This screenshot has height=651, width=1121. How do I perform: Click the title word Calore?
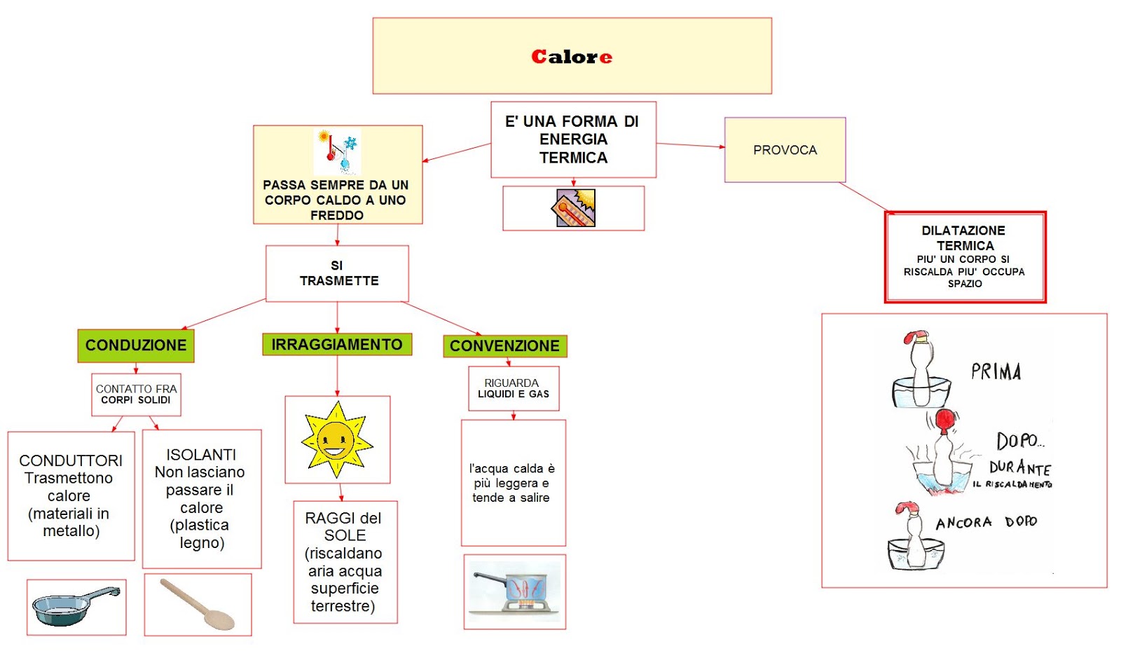(x=572, y=57)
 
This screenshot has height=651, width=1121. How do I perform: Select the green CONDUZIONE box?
(x=136, y=345)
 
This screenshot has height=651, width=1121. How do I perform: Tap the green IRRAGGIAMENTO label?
(x=337, y=345)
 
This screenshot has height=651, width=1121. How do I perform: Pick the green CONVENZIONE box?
(x=504, y=346)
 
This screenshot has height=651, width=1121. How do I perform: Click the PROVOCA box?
(x=785, y=150)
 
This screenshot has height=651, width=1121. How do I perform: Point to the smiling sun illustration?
(x=337, y=439)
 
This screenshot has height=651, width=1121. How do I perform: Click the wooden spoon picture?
(x=198, y=604)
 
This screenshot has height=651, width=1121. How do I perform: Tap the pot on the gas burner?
(x=515, y=590)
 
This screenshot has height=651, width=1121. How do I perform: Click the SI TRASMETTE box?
(x=338, y=273)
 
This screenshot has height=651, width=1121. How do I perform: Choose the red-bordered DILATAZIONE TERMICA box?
(x=965, y=257)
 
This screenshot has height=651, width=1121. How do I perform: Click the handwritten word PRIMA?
(x=996, y=371)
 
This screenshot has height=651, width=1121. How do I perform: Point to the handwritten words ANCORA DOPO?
(x=986, y=523)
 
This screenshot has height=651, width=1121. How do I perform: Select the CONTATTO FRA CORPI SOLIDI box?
(x=136, y=395)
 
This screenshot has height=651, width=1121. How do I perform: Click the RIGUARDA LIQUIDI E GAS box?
(x=513, y=388)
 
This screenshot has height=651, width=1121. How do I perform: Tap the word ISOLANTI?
(x=201, y=455)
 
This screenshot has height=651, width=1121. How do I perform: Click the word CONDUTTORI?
(x=71, y=460)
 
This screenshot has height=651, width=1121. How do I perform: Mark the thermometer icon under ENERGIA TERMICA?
(x=575, y=208)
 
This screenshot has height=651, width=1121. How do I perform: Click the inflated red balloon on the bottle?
(x=945, y=419)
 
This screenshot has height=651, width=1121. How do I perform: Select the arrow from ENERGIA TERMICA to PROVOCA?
(x=690, y=145)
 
